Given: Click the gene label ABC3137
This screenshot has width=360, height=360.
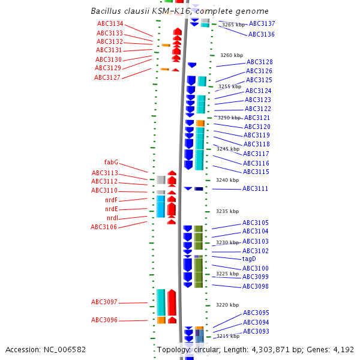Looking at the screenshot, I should (262, 24).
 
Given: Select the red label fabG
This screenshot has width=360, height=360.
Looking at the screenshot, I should (111, 163).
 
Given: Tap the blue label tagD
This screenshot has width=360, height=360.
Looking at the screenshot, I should (249, 259).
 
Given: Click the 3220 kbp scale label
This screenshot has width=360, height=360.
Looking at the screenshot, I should (227, 305).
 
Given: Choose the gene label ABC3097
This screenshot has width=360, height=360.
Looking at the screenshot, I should (104, 302).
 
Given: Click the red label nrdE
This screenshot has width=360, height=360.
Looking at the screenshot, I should (112, 209).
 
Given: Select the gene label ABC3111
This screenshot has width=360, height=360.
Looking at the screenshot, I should (255, 189).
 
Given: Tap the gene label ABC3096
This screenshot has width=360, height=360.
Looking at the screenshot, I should (104, 320).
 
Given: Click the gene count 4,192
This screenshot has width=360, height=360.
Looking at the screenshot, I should (344, 349).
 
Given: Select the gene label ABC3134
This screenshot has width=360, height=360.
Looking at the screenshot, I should (110, 24).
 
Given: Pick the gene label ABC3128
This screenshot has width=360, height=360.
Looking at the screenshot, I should (259, 62).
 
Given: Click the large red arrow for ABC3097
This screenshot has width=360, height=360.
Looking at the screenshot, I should (172, 302).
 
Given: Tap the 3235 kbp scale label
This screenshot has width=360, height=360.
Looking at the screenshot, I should (227, 212).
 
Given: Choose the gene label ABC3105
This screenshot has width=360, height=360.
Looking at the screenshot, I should (256, 223).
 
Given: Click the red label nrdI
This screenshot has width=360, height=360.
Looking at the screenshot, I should (112, 218).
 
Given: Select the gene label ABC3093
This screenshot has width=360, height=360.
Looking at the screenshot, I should (256, 332).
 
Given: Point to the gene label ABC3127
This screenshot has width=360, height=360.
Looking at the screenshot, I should (107, 77).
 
